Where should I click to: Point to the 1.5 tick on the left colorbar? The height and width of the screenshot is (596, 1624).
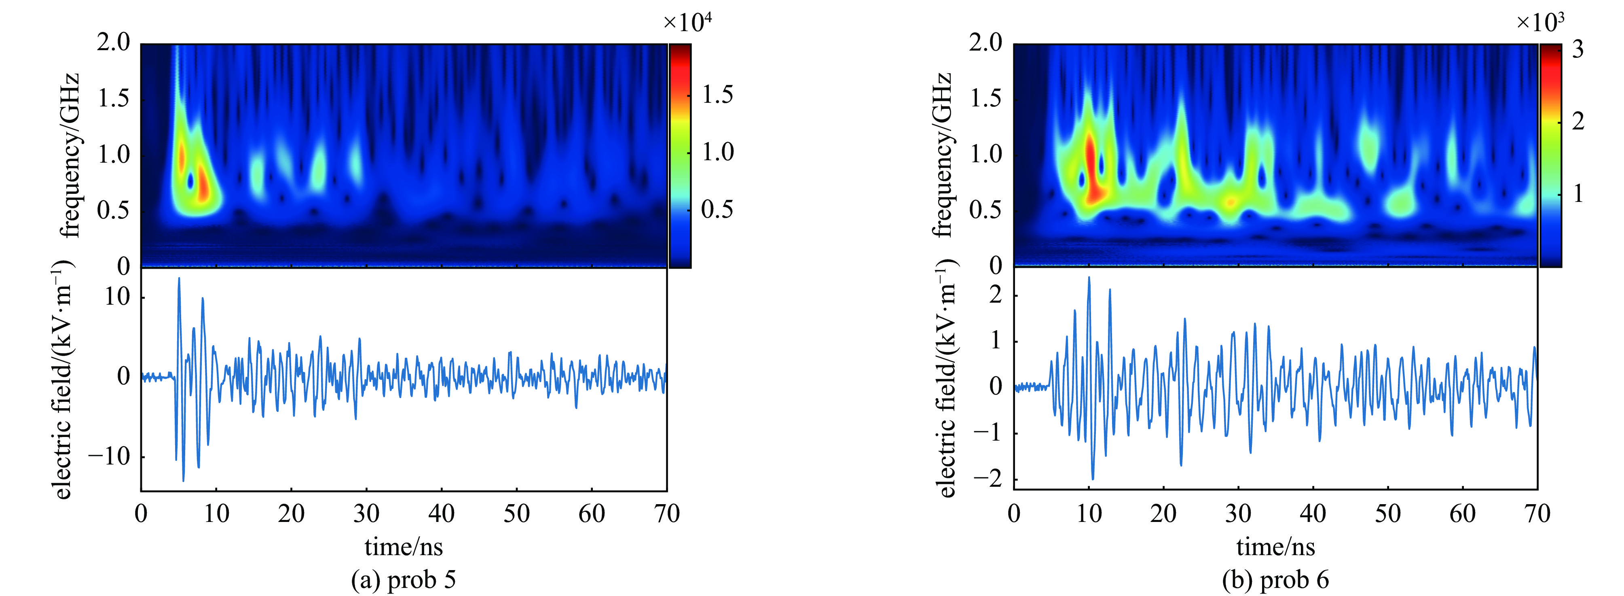717,95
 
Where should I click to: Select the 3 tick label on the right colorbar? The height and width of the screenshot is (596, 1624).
1578,49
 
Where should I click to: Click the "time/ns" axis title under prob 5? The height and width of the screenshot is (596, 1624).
404,547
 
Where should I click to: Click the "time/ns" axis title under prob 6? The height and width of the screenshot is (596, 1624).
1275,547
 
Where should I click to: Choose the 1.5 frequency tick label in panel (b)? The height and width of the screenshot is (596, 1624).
986,98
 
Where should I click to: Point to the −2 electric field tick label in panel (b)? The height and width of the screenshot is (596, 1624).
987,479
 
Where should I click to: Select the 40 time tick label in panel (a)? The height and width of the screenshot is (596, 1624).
441,514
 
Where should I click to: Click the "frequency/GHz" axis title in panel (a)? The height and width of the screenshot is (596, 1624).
71,155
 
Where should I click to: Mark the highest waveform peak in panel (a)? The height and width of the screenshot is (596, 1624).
178,278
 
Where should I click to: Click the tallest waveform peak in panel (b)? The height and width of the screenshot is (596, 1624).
1089,278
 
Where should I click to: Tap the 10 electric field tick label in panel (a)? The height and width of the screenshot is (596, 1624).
117,297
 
